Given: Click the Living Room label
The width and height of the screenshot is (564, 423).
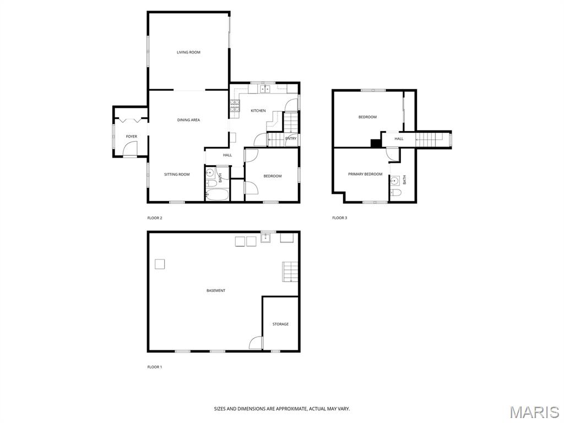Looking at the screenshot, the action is pyautogui.click(x=188, y=52).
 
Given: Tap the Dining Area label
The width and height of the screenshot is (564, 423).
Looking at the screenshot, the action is pyautogui.click(x=188, y=120).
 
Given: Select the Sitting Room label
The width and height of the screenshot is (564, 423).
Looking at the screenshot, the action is pyautogui.click(x=177, y=175).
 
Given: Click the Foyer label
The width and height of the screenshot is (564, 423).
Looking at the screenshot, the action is pyautogui.click(x=131, y=137).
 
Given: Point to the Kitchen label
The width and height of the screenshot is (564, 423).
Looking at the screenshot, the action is pyautogui.click(x=258, y=111).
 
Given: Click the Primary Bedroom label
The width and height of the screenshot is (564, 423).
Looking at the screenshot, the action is pyautogui.click(x=365, y=174).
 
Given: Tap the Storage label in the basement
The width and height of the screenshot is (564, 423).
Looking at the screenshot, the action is pyautogui.click(x=280, y=324).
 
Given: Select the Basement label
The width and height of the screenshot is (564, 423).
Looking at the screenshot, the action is pyautogui.click(x=216, y=291).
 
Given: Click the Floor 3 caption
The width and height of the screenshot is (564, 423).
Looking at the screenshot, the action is pyautogui.click(x=339, y=218).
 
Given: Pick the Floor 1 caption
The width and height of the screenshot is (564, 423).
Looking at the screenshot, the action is pyautogui.click(x=155, y=367).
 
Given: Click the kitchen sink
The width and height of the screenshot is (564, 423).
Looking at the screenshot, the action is pyautogui.click(x=265, y=89).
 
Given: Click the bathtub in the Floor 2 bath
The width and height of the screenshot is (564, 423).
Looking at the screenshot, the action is pyautogui.click(x=217, y=195).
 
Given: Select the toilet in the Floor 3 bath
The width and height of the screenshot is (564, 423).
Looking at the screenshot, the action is pyautogui.click(x=395, y=192).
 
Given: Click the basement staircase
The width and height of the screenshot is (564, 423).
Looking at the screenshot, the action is pyautogui.click(x=290, y=272).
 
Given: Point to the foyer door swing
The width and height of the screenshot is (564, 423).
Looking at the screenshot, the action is pyautogui.click(x=131, y=149).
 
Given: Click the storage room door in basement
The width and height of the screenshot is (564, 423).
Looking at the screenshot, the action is pyautogui.click(x=256, y=343).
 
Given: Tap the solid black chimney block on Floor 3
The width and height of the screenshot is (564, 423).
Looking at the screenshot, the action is pyautogui.click(x=376, y=143).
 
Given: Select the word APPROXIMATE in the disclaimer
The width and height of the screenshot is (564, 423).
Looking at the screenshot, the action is pyautogui.click(x=289, y=409).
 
